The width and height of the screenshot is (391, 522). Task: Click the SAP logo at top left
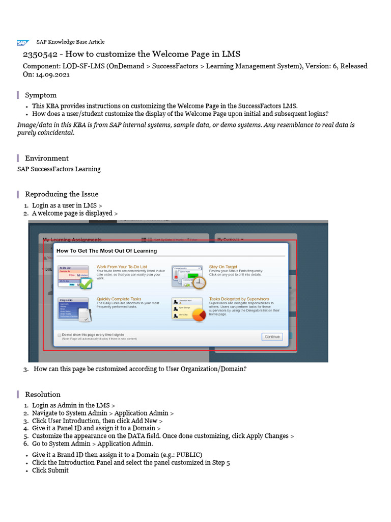click(x=23, y=43)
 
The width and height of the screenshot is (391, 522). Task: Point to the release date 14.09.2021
click(x=52, y=74)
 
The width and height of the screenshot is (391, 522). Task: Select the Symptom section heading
click(x=41, y=95)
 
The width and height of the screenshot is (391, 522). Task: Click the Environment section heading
click(x=46, y=158)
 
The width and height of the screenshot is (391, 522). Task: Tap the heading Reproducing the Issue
click(x=62, y=194)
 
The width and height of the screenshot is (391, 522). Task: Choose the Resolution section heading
click(x=43, y=394)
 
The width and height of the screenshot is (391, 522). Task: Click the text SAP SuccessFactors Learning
click(x=59, y=169)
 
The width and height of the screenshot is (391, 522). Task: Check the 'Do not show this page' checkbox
click(x=59, y=335)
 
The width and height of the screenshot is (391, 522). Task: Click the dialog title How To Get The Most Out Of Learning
click(x=106, y=251)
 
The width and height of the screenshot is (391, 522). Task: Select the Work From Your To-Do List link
click(x=122, y=267)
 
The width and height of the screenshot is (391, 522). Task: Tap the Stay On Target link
click(x=223, y=267)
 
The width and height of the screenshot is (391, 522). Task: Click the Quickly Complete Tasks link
click(x=119, y=299)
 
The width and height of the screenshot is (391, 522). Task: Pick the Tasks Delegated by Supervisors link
click(x=239, y=299)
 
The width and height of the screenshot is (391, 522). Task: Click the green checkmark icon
click(x=86, y=283)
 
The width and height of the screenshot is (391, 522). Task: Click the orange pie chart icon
click(x=198, y=316)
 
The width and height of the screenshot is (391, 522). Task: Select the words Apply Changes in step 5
click(x=268, y=436)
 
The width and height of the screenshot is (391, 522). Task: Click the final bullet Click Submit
click(x=50, y=470)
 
